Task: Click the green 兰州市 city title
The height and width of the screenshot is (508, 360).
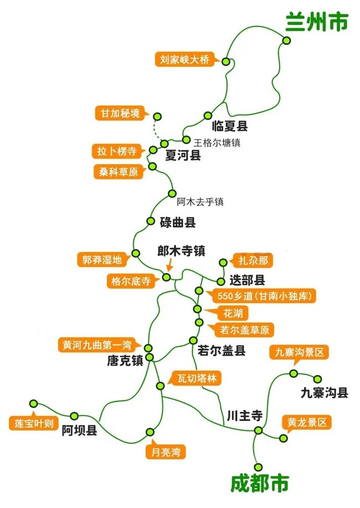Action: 317,22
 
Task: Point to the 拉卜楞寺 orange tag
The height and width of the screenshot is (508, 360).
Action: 116,151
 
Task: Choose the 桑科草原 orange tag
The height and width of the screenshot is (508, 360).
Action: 117,172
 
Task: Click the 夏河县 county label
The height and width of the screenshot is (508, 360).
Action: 183,156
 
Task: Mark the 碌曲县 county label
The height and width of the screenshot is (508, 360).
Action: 178,223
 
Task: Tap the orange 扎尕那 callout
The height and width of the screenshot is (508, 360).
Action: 252,260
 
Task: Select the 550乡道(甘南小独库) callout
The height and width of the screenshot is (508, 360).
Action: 261,296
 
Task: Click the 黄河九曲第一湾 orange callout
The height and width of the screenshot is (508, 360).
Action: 101,345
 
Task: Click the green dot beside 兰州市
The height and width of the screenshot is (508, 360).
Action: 286,40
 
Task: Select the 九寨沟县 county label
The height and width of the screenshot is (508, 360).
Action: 324,393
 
